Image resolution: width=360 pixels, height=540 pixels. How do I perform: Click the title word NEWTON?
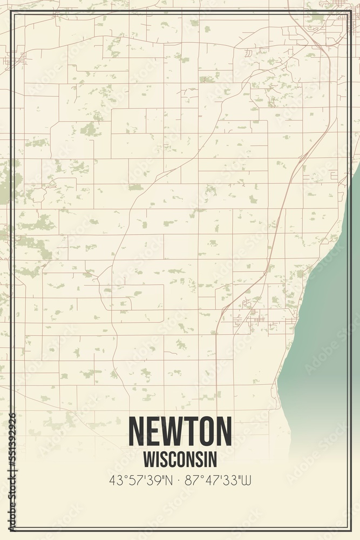pos(180,431)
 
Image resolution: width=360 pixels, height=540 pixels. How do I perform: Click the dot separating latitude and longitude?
pos(179,480)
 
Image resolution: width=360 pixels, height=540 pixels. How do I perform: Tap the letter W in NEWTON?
pos(175,431)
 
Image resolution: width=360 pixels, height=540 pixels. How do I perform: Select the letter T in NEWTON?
pos(191,431)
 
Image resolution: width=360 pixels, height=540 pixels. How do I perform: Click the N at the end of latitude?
pos(169,480)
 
